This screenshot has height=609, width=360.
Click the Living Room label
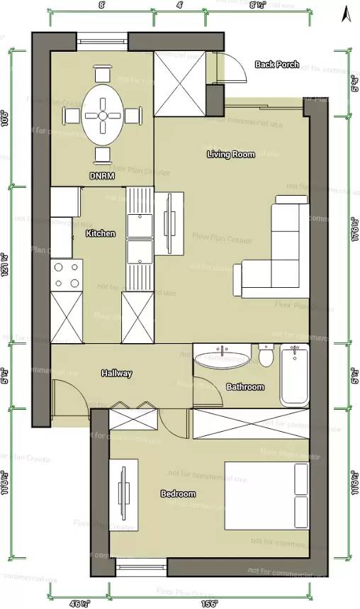coord(231,154)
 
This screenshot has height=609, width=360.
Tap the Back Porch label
coord(276,65)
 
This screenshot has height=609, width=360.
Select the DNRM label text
coord(102,175)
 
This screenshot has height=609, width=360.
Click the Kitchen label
coord(100,233)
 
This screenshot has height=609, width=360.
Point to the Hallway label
coord(116,373)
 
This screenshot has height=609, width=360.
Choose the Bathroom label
coord(244,386)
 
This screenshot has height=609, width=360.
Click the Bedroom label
coord(178,493)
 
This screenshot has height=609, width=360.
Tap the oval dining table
coord(103,114)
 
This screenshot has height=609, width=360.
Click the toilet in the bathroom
coord(266,355)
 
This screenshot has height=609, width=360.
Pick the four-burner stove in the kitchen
coord(66,275)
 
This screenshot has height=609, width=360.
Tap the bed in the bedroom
coord(266,495)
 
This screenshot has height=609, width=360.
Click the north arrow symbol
coord(346,13)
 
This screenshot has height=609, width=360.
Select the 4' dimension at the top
coord(179,4)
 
